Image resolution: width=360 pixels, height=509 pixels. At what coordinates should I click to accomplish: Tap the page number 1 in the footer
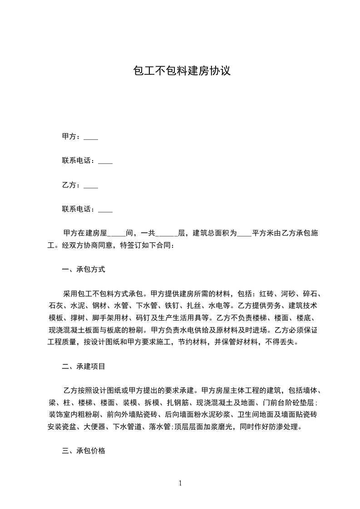pyautogui.click(x=180, y=483)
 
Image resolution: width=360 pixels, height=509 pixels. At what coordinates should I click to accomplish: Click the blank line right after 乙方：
pyautogui.click(x=91, y=186)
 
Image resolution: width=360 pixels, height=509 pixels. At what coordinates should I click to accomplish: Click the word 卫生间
pyautogui.click(x=249, y=415)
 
